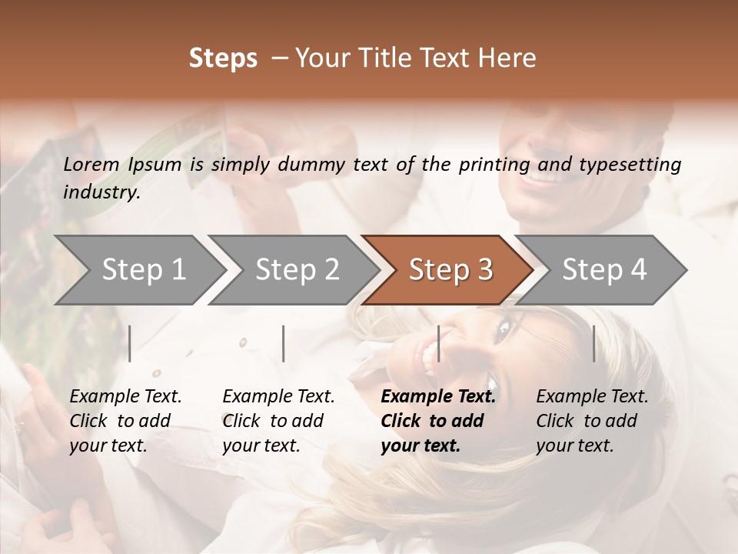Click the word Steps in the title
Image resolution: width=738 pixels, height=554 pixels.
point(223,58)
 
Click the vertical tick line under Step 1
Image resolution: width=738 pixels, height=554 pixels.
point(130,343)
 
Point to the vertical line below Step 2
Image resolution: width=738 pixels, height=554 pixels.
point(284,343)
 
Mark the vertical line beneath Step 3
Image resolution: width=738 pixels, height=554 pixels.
point(439,343)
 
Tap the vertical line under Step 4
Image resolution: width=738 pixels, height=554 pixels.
point(594,343)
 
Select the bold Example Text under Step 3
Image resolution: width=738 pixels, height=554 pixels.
point(438,421)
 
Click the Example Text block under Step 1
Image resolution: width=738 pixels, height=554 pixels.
point(125,421)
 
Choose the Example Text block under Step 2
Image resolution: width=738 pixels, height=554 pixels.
point(278,421)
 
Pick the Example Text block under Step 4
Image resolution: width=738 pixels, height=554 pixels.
point(592,421)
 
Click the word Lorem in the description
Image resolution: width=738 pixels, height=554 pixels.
point(91,164)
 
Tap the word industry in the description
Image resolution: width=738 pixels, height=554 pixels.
point(101,192)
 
